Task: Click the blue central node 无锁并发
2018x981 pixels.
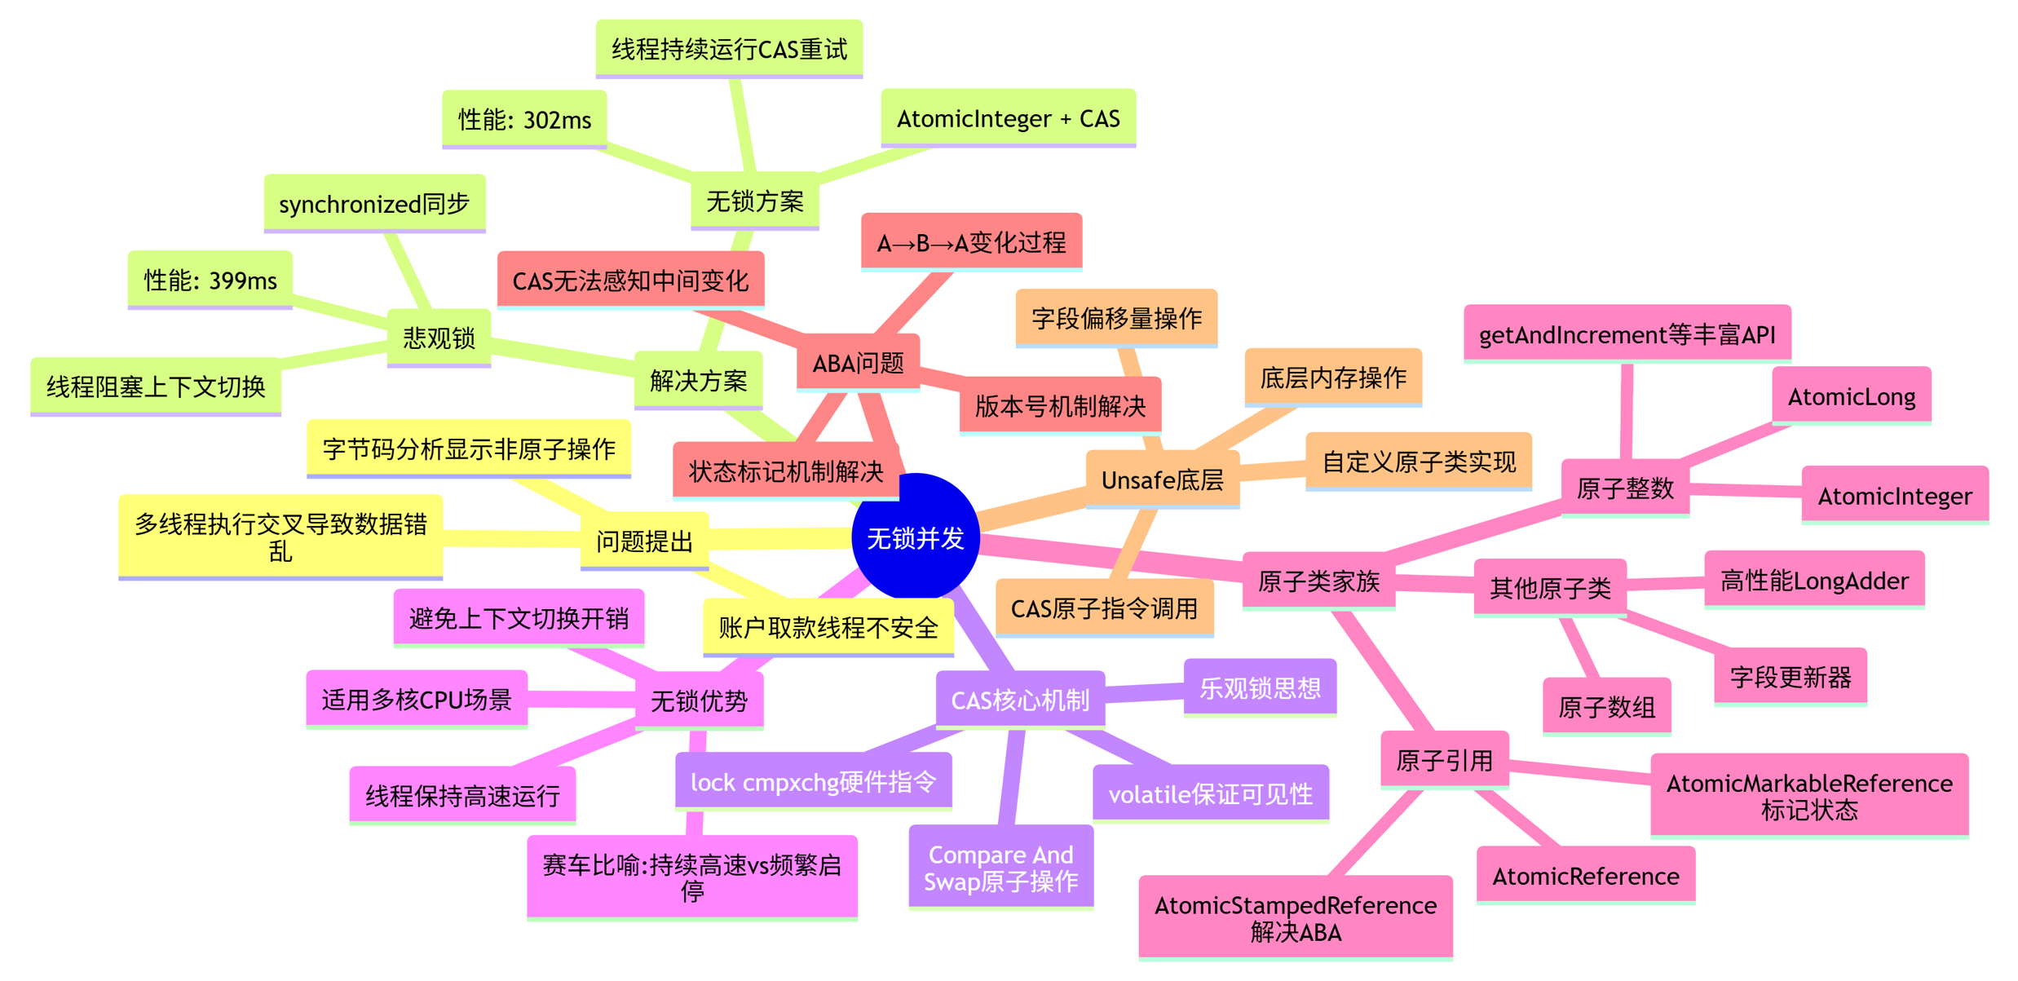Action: (915, 537)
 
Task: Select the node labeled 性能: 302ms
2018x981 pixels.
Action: (524, 120)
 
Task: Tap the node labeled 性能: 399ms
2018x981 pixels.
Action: (210, 281)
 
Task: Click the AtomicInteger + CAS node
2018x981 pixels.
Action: (1008, 119)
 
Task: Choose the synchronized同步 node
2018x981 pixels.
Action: (374, 204)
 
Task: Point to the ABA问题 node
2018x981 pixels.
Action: (858, 363)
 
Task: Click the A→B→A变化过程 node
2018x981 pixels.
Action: (971, 242)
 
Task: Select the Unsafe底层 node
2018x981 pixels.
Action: (1162, 480)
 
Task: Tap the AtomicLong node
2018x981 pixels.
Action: (1851, 397)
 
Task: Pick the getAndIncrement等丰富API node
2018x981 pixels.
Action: (1627, 335)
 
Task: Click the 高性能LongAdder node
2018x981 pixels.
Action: (1814, 581)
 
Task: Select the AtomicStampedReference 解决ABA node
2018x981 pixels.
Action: (1296, 918)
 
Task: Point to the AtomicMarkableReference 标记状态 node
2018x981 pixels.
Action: (1809, 796)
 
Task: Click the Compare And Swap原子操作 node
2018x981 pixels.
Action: (1000, 868)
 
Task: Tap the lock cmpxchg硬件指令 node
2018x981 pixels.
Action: (813, 782)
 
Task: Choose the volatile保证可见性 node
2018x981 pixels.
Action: (1210, 793)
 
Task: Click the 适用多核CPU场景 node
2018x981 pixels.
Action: (417, 700)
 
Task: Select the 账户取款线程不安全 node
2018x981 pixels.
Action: (828, 627)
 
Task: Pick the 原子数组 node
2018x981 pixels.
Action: (1606, 707)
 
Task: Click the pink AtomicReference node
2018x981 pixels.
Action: (1585, 876)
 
